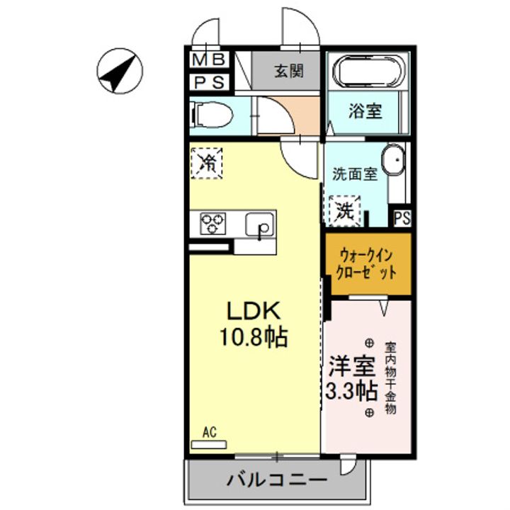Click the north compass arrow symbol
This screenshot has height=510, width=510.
[119, 72]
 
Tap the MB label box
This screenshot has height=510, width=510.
[208, 59]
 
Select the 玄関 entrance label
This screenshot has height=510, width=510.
[288, 71]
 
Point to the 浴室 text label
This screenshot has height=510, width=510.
[365, 110]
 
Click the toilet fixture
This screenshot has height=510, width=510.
[211, 114]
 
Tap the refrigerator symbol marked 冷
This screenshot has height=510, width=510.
[207, 162]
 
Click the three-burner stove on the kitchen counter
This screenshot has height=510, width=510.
[212, 225]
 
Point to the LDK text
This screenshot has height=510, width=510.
[254, 312]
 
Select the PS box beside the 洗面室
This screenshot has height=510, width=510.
[402, 218]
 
